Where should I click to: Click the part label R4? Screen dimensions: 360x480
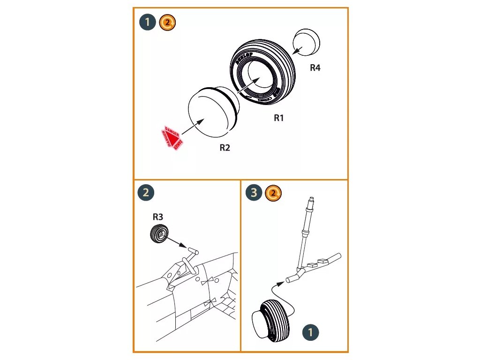pyautogui.click(x=315, y=68)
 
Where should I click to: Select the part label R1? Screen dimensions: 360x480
pyautogui.click(x=279, y=118)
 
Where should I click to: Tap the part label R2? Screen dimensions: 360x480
pyautogui.click(x=225, y=148)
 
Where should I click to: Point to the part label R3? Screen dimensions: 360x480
pyautogui.click(x=158, y=217)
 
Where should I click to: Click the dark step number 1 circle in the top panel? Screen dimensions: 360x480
pyautogui.click(x=148, y=22)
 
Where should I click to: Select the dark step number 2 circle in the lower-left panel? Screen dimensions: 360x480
pyautogui.click(x=146, y=192)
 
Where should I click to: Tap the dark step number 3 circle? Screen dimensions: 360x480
pyautogui.click(x=254, y=193)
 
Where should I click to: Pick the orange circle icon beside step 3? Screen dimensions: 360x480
pyautogui.click(x=273, y=193)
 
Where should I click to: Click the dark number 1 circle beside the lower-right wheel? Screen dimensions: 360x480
pyautogui.click(x=311, y=333)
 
